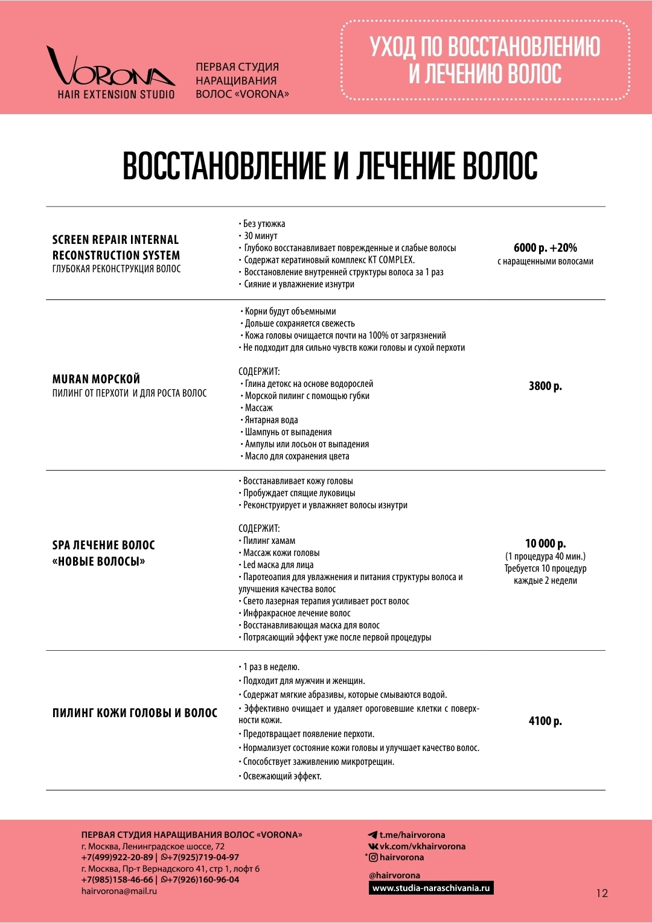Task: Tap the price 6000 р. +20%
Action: tap(545, 248)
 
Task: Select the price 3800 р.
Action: tap(545, 386)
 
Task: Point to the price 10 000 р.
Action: tap(545, 543)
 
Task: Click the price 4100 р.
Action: tap(545, 721)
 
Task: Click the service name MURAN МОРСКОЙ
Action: tap(96, 379)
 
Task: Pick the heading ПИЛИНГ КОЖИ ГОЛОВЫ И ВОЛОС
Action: tap(135, 713)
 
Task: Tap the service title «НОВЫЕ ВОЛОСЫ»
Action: tap(99, 561)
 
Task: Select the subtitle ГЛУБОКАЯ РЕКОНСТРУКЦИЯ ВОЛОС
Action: tap(117, 269)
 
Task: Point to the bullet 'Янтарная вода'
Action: tap(271, 420)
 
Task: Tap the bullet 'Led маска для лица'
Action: tap(278, 565)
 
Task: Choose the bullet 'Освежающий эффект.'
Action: tap(282, 776)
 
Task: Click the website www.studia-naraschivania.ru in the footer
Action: tap(431, 888)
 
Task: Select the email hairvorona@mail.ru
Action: tap(119, 891)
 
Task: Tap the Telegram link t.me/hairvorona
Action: tap(412, 835)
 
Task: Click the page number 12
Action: tap(602, 893)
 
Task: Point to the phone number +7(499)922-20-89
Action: tap(117, 857)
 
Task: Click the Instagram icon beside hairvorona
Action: tap(373, 857)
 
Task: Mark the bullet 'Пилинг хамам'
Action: tap(269, 541)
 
